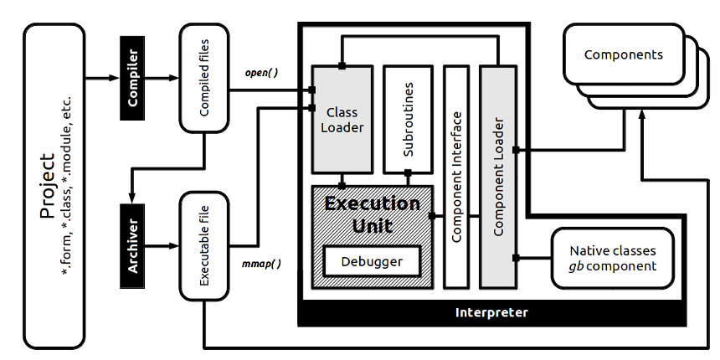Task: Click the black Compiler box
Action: pyautogui.click(x=133, y=79)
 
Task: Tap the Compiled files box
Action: pyautogui.click(x=204, y=79)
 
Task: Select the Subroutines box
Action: pyautogui.click(x=408, y=116)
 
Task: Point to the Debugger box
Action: pyautogui.click(x=371, y=261)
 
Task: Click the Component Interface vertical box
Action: pyautogui.click(x=456, y=176)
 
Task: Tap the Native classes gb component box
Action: pyautogui.click(x=613, y=259)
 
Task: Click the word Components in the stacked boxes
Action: pyautogui.click(x=623, y=55)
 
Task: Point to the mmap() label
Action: pyautogui.click(x=261, y=264)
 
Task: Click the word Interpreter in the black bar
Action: pyautogui.click(x=491, y=312)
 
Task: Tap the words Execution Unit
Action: pyautogui.click(x=373, y=214)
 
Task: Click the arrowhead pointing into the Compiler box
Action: pyautogui.click(x=115, y=79)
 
